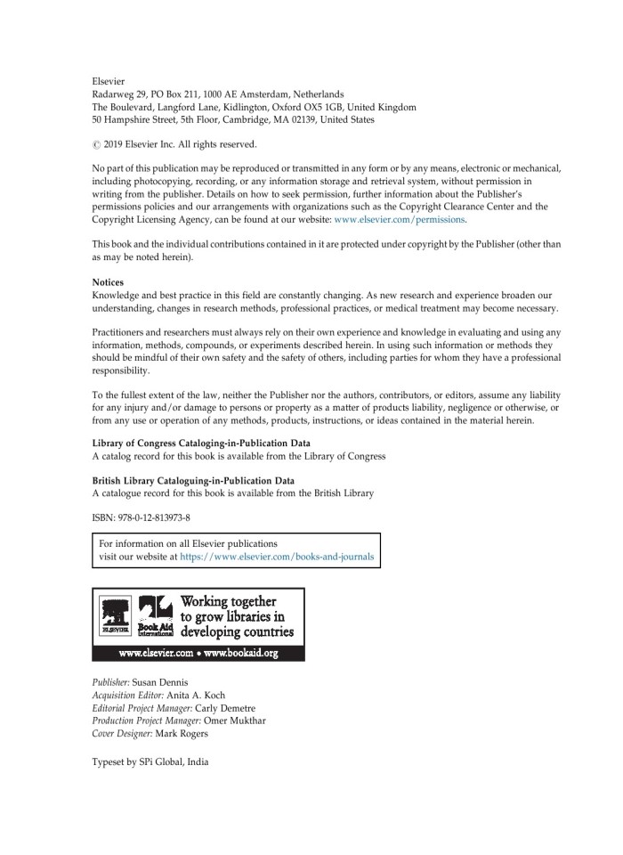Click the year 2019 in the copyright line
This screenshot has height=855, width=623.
117,144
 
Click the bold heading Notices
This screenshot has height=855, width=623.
108,281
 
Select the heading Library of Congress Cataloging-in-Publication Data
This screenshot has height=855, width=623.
206,444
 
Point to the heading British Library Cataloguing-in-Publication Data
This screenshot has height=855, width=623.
193,481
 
